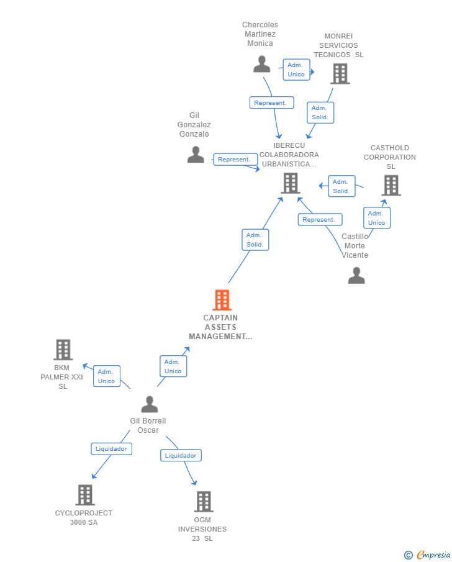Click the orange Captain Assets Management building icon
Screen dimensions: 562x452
click(222, 300)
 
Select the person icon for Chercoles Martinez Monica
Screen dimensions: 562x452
click(262, 64)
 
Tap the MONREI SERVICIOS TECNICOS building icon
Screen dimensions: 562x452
click(340, 73)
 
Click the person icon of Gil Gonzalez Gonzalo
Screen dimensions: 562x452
click(196, 155)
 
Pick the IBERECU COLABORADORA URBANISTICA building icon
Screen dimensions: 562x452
click(291, 183)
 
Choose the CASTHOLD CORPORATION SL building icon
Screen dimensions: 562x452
click(391, 185)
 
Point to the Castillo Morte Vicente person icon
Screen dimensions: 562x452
click(356, 275)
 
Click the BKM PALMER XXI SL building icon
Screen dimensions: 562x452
click(63, 350)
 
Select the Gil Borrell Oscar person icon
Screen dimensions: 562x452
click(149, 404)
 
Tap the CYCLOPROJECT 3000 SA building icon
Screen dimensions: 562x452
click(85, 495)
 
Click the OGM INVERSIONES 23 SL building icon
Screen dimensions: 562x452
click(204, 501)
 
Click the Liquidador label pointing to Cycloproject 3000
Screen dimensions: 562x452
click(111, 448)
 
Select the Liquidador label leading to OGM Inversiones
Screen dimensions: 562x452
click(181, 455)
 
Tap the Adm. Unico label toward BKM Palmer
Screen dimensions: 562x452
click(106, 376)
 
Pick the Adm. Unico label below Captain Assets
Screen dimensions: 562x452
click(173, 366)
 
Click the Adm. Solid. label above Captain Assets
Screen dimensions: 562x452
click(255, 240)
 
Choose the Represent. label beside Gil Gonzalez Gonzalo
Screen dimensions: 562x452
click(234, 160)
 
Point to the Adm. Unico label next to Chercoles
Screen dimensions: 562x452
click(296, 70)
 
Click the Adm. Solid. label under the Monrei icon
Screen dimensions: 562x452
click(320, 112)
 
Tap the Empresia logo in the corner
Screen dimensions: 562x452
click(427, 555)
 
